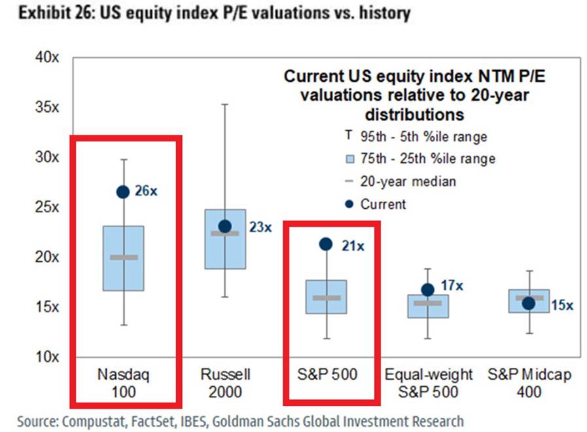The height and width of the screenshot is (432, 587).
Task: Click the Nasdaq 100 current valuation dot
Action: pos(122,192)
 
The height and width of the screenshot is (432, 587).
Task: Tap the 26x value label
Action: pos(146,192)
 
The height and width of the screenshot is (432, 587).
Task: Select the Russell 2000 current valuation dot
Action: pos(224,226)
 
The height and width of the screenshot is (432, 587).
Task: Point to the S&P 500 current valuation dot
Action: pos(325,244)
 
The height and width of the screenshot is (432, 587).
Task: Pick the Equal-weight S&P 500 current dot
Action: pos(427,289)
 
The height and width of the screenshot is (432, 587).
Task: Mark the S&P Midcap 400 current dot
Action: pos(528,303)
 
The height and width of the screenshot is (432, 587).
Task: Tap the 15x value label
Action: pos(561,305)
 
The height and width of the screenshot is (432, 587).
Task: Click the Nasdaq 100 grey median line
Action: pos(124,257)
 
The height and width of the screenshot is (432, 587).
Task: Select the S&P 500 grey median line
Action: pos(326,298)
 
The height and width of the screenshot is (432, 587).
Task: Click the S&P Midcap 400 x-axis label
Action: pos(528,383)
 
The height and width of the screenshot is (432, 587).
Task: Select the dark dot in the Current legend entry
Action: pos(348,204)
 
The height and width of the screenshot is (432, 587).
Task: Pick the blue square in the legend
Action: pos(348,159)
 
